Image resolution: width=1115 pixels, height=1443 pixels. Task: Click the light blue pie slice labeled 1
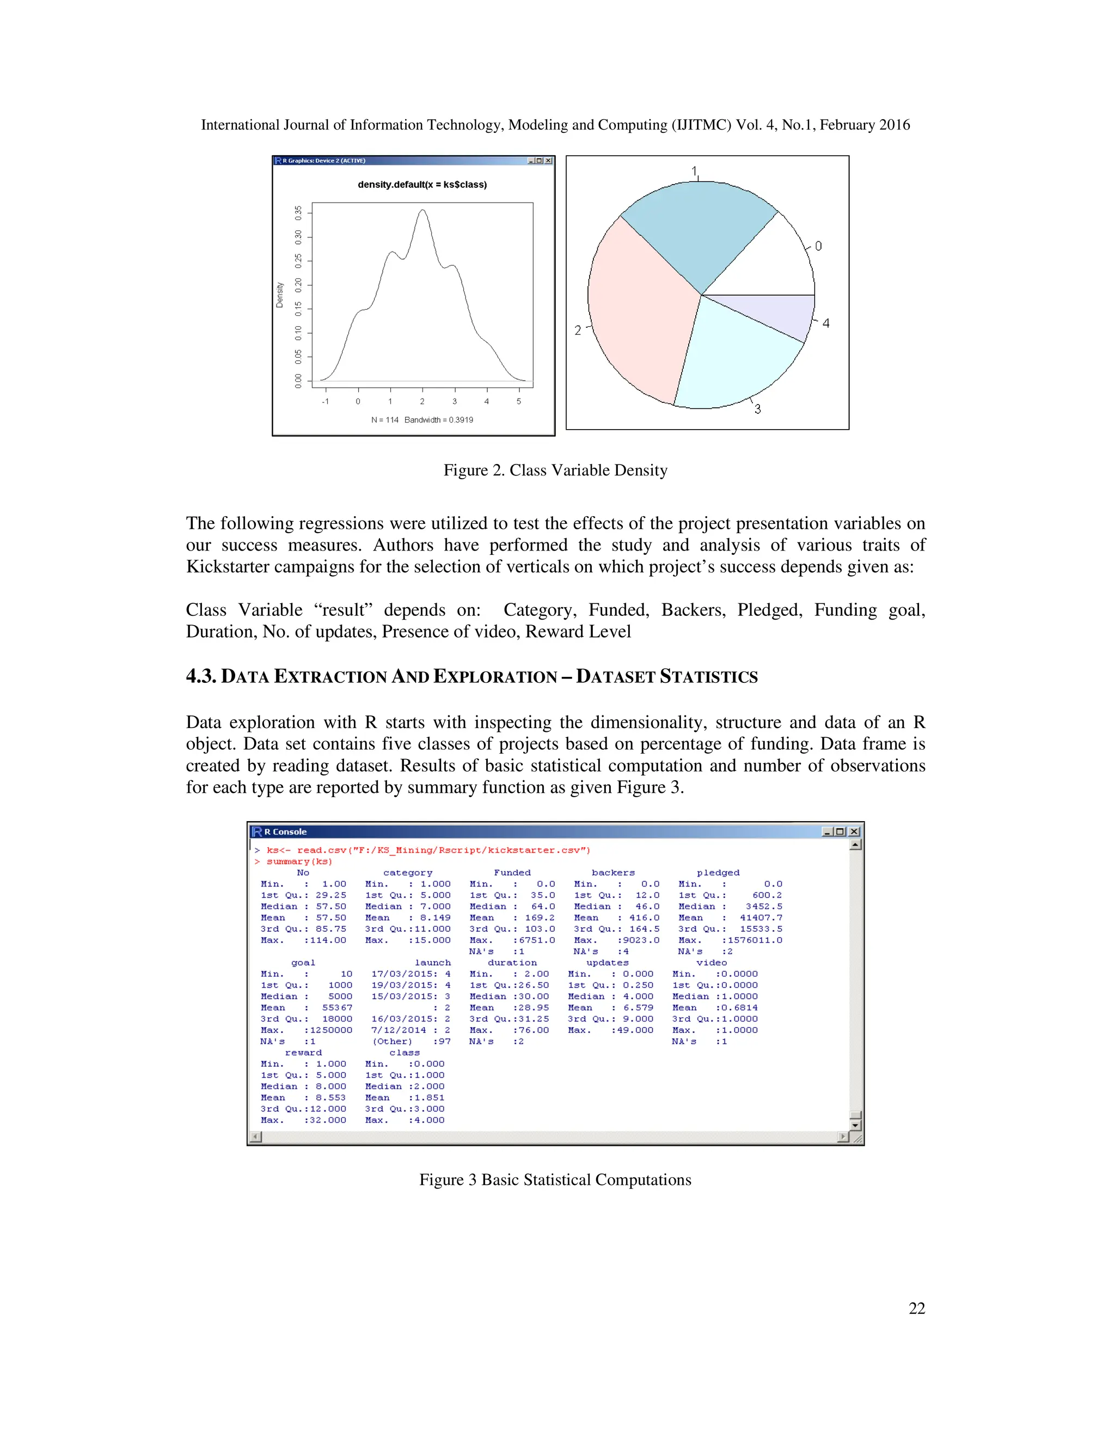(x=694, y=231)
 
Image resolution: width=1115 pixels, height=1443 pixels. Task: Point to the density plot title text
(x=422, y=185)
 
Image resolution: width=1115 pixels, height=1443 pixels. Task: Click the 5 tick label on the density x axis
(x=518, y=402)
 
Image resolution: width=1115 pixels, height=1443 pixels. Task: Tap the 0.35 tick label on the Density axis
(x=298, y=213)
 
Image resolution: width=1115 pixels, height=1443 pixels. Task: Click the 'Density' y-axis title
(x=279, y=295)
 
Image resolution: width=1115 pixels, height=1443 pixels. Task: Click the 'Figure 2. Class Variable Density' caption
(x=555, y=470)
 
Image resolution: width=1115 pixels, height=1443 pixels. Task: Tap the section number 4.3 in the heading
(x=201, y=676)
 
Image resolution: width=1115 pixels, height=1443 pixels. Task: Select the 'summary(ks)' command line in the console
(x=298, y=861)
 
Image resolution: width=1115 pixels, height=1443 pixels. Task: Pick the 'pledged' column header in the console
(x=718, y=873)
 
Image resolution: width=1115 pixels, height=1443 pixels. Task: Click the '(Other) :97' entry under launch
(x=411, y=1041)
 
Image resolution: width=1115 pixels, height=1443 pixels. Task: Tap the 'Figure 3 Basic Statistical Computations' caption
(x=555, y=1180)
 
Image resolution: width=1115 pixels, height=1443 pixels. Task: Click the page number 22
(x=916, y=1308)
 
